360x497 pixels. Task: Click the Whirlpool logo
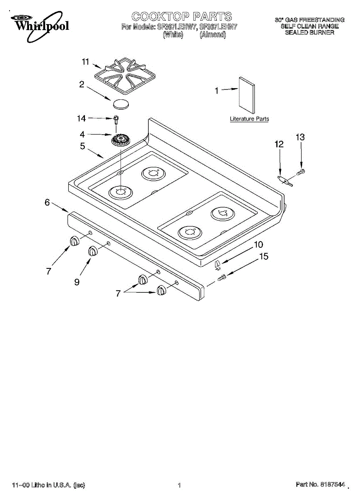coord(39,26)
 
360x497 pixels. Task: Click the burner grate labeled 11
coord(125,75)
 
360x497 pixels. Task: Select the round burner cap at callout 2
coord(121,104)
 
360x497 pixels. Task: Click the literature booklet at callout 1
coord(246,95)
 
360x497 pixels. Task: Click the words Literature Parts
coord(249,119)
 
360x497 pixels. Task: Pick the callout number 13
coord(300,137)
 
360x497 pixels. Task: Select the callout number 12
coord(279,145)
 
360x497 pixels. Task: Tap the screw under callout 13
coord(301,171)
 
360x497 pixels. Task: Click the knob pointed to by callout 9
coord(93,251)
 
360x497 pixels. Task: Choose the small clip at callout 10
coord(218,265)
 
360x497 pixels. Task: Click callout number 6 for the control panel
coord(47,202)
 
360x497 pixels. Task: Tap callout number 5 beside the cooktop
coord(82,146)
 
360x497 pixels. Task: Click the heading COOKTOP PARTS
coord(182,17)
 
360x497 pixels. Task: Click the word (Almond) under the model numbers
coord(213,35)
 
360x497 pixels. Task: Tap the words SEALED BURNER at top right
coord(309,32)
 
